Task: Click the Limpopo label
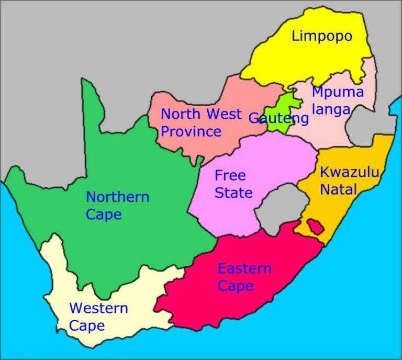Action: coord(321,37)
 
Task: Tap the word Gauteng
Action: coord(278,118)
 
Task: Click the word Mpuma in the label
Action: coord(337,92)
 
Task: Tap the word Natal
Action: coord(338,189)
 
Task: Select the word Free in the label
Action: coord(230,175)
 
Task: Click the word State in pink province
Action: coord(233,193)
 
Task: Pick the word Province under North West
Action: coord(191,131)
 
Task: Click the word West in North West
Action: coord(224,114)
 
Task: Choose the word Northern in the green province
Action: coord(117,197)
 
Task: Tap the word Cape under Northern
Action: coord(104,215)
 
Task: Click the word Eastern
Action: coord(244,269)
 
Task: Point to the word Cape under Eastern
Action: coord(235,286)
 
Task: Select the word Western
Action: coord(98,308)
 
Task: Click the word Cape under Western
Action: coord(87,326)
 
